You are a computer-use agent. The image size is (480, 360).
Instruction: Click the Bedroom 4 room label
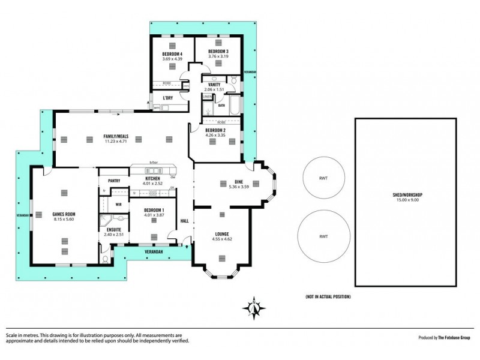coord(172,53)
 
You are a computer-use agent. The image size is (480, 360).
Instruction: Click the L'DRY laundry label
coord(168,97)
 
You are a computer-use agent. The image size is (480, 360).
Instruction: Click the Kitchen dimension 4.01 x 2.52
coord(152,184)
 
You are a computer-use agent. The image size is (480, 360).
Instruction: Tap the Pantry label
coord(115,181)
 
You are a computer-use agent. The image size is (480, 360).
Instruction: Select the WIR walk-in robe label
coord(119,205)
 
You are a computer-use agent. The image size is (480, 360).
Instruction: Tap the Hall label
coord(185,221)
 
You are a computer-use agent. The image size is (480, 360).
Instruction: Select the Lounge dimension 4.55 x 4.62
coord(221,239)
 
